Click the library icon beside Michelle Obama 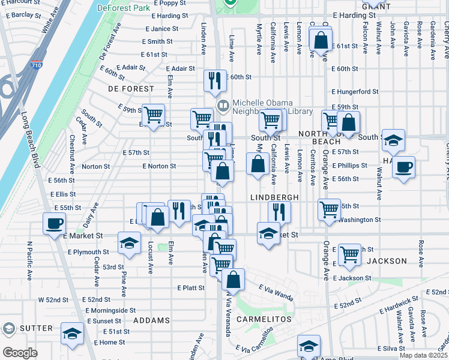pos(223,106)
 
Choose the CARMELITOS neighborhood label pos(264,319)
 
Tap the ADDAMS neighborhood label pos(151,320)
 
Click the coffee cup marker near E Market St pos(54,224)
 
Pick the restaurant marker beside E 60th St pos(215,80)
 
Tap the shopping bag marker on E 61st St pos(321,40)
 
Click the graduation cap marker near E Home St pos(72,335)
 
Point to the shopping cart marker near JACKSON pos(349,254)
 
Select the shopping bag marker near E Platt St pos(233,279)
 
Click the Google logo pos(20,353)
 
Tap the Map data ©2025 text pos(423,355)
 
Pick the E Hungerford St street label pos(355,92)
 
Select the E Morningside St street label pos(110,310)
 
